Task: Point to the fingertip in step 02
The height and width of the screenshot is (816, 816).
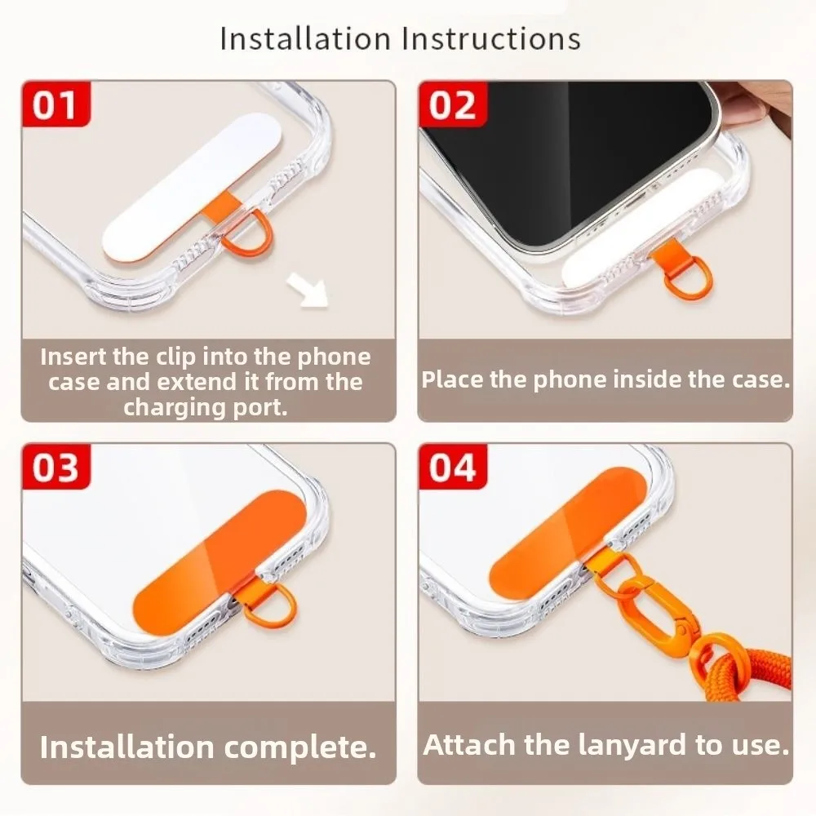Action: click(763, 102)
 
